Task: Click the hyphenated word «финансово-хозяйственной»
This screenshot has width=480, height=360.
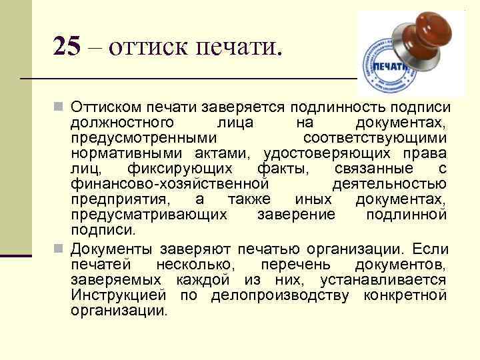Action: pos(170,183)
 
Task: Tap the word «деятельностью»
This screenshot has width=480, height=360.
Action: pos(389,183)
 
